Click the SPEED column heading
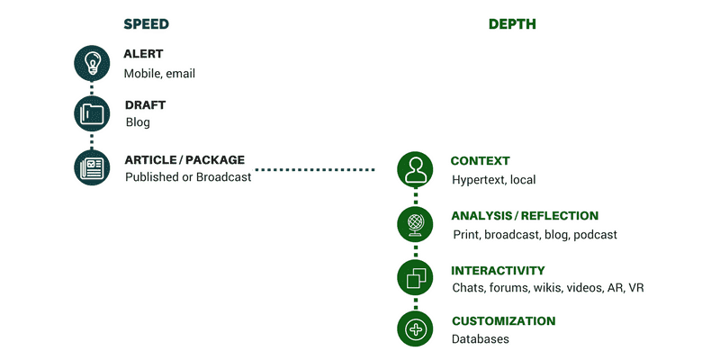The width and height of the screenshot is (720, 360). (x=146, y=24)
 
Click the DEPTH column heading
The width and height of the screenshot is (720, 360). (x=512, y=24)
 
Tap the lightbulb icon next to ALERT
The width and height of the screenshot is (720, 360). (x=92, y=63)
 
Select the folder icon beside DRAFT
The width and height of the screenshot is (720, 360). (x=92, y=113)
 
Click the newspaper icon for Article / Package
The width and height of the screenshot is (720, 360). (x=92, y=167)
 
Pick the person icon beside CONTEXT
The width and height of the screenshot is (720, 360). (x=415, y=169)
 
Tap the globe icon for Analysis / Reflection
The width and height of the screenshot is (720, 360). (x=415, y=224)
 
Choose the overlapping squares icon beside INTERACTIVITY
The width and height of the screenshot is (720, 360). (x=415, y=278)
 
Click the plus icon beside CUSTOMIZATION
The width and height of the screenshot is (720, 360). (x=415, y=328)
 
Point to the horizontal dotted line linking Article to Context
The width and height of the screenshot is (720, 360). (x=314, y=170)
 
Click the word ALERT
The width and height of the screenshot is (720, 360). (x=143, y=54)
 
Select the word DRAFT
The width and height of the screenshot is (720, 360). (x=145, y=104)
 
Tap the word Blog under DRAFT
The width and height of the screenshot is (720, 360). (x=138, y=122)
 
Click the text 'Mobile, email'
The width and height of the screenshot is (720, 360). (x=159, y=74)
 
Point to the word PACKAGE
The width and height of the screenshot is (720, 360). (x=215, y=160)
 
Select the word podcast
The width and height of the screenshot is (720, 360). (x=595, y=235)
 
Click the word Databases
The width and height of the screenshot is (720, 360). (x=481, y=339)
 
